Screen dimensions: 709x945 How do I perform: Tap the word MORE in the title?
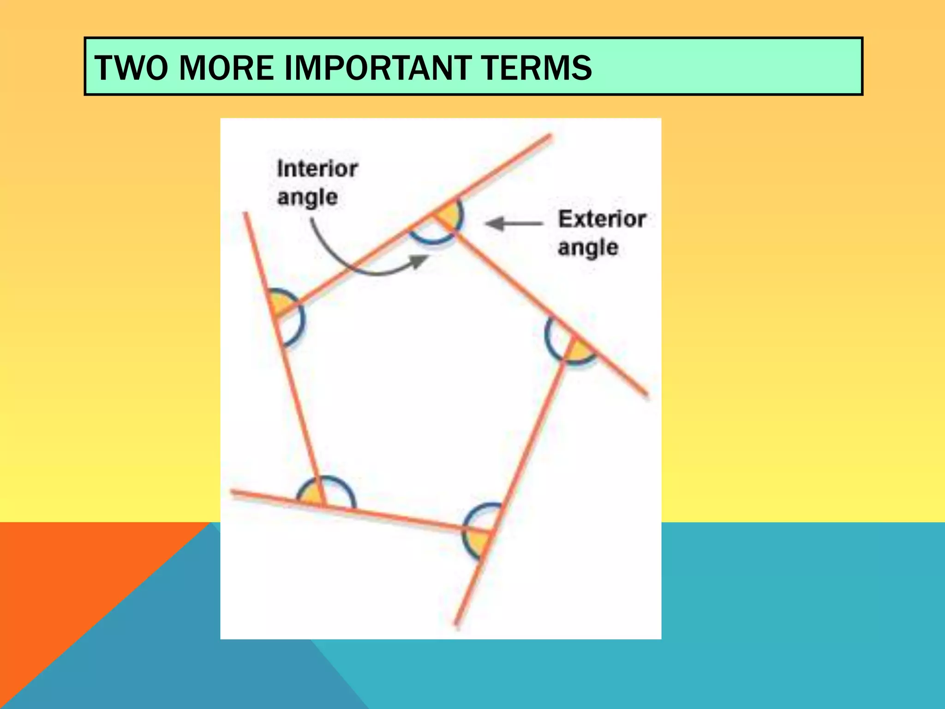pos(226,68)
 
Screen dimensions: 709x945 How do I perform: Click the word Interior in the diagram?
pos(317,169)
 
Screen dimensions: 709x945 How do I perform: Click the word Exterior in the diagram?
pos(602,219)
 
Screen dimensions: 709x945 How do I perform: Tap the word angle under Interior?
pos(307,198)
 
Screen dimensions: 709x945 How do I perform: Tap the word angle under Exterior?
pos(588,248)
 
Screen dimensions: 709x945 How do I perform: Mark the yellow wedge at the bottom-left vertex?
pos(310,495)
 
